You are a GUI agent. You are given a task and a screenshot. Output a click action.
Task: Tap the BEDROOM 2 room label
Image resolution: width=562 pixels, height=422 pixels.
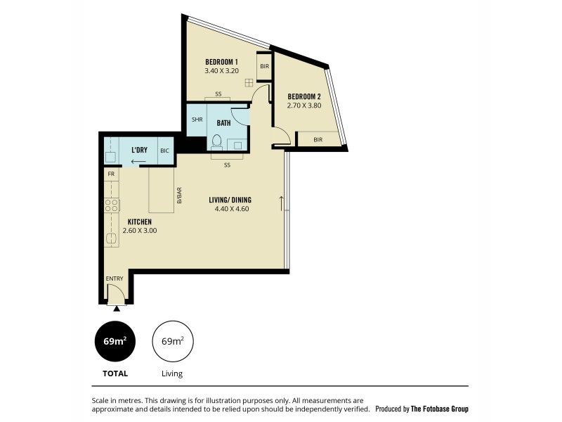pos(303,96)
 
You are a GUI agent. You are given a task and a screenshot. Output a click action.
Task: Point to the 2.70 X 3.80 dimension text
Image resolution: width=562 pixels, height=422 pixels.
pos(303,106)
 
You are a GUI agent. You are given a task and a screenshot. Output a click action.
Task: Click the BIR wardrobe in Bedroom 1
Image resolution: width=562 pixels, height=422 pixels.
pos(264,67)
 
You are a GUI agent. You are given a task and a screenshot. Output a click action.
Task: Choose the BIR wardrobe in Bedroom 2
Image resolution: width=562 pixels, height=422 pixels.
pos(318,140)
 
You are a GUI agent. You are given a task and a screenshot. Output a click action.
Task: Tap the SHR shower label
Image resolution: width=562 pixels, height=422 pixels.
pos(197,120)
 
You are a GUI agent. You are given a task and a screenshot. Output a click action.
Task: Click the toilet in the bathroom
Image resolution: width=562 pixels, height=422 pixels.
pos(216,143)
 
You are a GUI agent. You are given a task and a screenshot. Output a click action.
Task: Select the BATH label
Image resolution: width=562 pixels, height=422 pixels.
pos(223,123)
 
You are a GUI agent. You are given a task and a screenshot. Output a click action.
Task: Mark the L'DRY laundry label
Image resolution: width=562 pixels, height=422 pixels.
pos(138,151)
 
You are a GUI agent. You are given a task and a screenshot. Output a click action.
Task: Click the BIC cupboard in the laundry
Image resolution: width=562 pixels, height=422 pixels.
pos(164,151)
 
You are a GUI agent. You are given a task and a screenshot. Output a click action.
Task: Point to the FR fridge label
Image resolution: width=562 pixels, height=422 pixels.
pos(111,173)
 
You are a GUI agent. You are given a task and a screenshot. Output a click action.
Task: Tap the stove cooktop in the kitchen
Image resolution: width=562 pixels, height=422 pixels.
pos(111,205)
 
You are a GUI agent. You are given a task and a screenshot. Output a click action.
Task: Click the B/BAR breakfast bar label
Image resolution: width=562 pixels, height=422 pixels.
pos(179,195)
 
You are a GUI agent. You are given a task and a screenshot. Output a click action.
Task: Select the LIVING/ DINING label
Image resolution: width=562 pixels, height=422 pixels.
pos(230,200)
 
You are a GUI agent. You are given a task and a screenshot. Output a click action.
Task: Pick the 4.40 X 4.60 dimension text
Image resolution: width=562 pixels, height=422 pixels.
pos(230,209)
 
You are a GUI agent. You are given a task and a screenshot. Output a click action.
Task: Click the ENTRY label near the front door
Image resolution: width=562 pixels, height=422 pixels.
pos(115,279)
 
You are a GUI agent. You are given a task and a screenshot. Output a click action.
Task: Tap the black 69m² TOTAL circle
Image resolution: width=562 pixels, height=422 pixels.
pos(115,342)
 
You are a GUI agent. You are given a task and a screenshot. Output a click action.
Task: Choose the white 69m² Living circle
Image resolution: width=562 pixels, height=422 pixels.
pos(172,342)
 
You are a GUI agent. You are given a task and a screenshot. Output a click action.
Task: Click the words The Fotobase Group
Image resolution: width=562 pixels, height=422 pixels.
pos(439,409)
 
